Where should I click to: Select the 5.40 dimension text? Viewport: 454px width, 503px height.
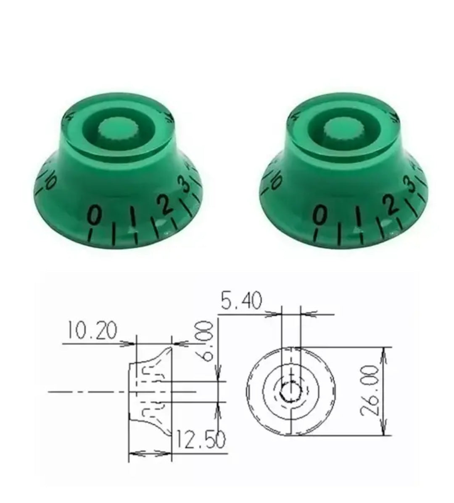tap(241, 301)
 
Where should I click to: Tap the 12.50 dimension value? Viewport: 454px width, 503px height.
tap(200, 440)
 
